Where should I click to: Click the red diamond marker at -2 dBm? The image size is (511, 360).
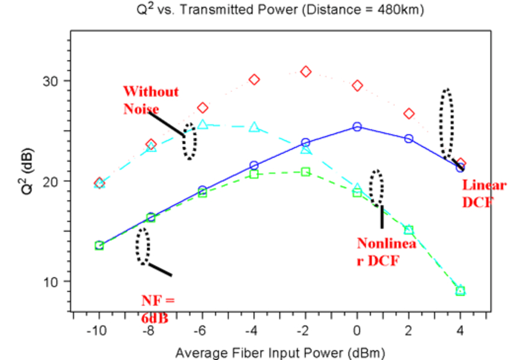(x=305, y=72)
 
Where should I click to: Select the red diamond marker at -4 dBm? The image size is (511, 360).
(x=254, y=79)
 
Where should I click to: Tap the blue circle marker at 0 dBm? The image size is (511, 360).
(x=357, y=127)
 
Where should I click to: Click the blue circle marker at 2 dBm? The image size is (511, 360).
(x=409, y=138)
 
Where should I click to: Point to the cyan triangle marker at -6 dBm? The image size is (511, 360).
(x=203, y=124)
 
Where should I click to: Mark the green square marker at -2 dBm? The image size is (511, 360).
(x=305, y=171)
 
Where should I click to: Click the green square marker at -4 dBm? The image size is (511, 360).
(x=254, y=174)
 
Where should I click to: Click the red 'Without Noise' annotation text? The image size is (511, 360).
(x=150, y=100)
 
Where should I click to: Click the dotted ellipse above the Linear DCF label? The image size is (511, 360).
(x=445, y=124)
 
